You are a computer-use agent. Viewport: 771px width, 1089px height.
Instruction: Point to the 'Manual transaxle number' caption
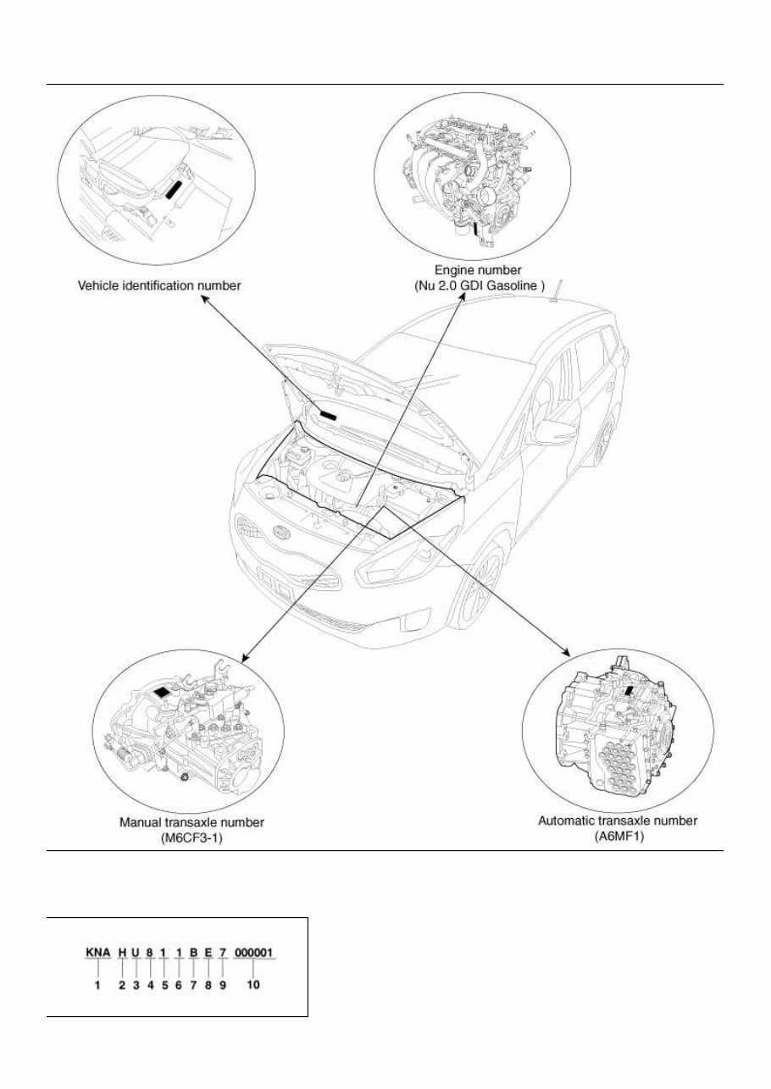(191, 821)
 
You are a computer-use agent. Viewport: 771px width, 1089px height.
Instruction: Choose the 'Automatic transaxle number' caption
(618, 821)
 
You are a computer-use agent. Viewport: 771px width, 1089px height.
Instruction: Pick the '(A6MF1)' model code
(618, 835)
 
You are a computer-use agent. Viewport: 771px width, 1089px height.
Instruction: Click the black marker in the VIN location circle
(175, 190)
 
